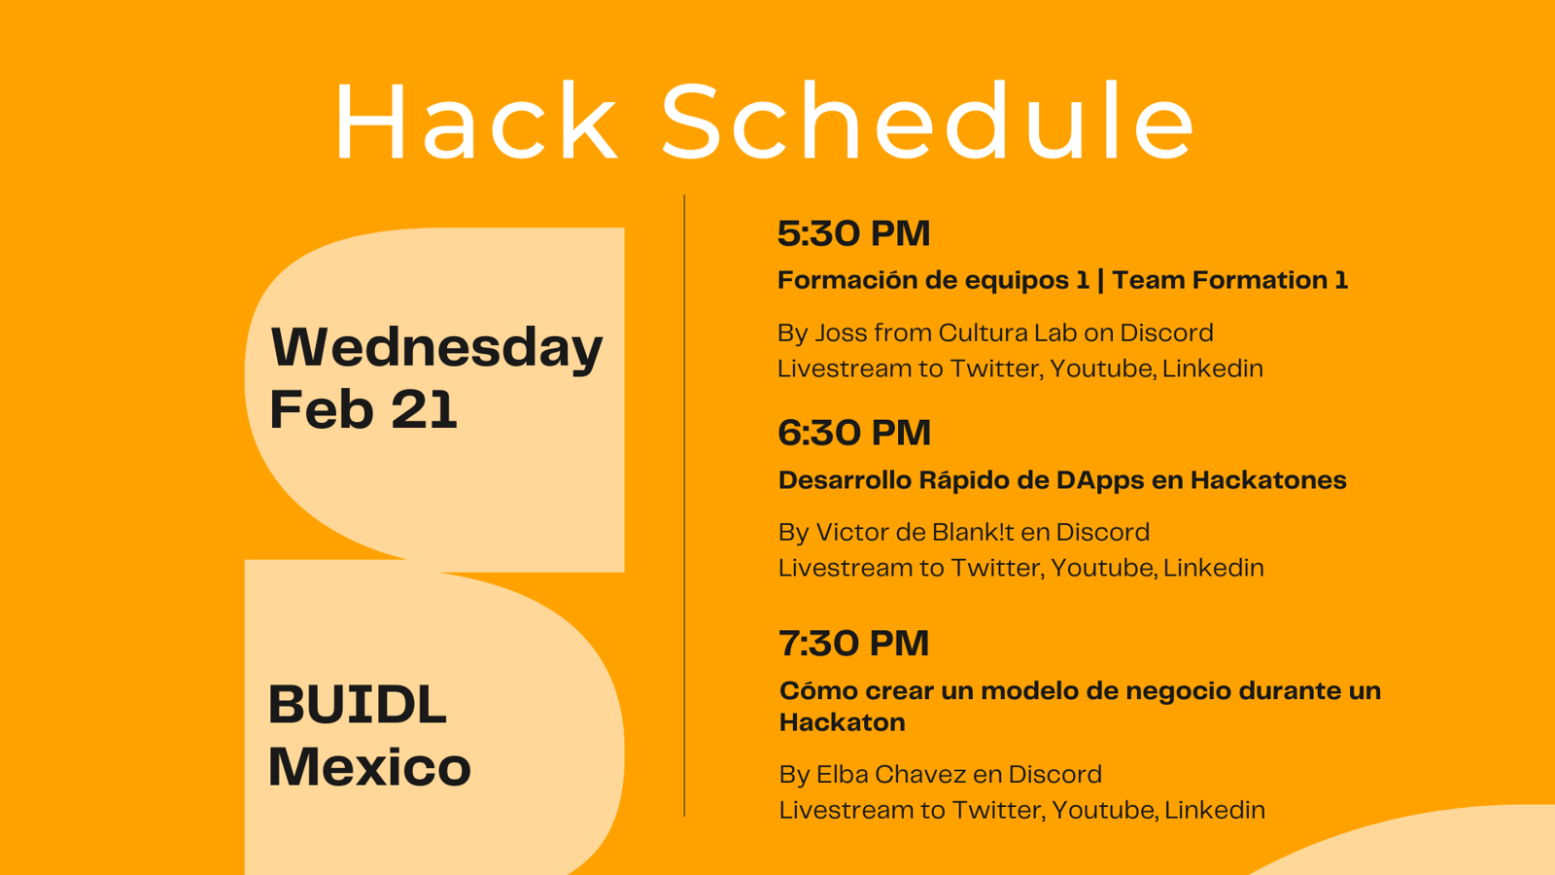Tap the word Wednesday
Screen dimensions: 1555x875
point(436,349)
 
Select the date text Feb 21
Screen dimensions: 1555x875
point(363,409)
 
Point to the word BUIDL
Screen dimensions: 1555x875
point(358,704)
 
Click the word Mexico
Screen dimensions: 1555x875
point(369,767)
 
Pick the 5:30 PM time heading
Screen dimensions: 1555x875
point(853,233)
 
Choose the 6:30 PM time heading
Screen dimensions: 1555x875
point(854,433)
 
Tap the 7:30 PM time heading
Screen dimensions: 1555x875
point(853,643)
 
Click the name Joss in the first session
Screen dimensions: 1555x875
point(841,332)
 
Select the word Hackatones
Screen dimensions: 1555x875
point(1268,480)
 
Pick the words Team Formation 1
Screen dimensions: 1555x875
point(1229,280)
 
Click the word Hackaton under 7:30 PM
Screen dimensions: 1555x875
point(842,722)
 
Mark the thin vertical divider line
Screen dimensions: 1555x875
point(684,506)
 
